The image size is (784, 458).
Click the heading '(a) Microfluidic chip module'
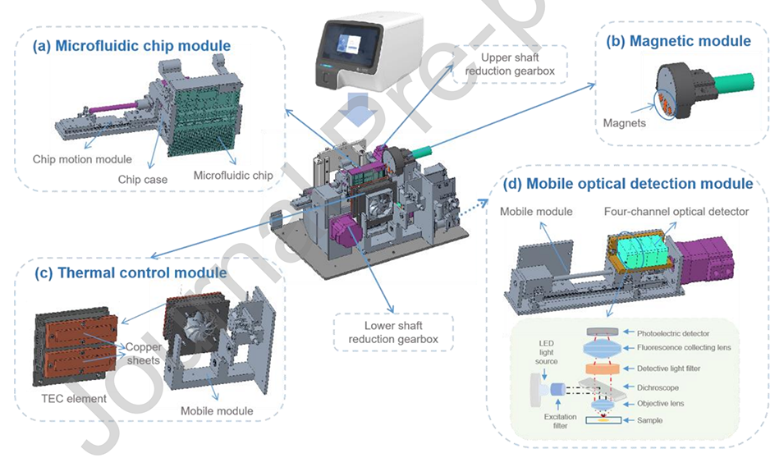tap(131, 46)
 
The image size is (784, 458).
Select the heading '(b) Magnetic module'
tap(678, 41)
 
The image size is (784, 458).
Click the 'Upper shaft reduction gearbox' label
tap(509, 65)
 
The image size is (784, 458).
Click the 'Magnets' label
tap(622, 123)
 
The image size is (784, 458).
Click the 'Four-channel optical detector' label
tap(676, 211)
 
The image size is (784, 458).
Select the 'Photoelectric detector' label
tap(674, 332)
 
